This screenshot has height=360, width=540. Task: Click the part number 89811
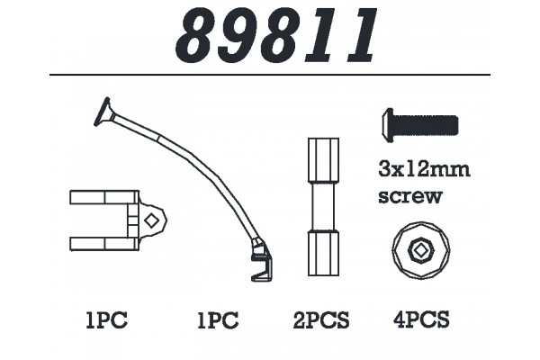pyautogui.click(x=276, y=34)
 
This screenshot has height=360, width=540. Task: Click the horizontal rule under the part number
pyautogui.click(x=270, y=75)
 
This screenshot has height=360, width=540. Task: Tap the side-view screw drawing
pyautogui.click(x=420, y=125)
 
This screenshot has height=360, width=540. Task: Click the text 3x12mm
pyautogui.click(x=424, y=170)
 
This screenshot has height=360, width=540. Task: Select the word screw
pyautogui.click(x=409, y=197)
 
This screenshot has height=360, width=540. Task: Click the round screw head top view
pyautogui.click(x=421, y=251)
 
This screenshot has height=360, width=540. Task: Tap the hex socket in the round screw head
pyautogui.click(x=420, y=251)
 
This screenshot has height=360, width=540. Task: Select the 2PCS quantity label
pyautogui.click(x=321, y=320)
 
